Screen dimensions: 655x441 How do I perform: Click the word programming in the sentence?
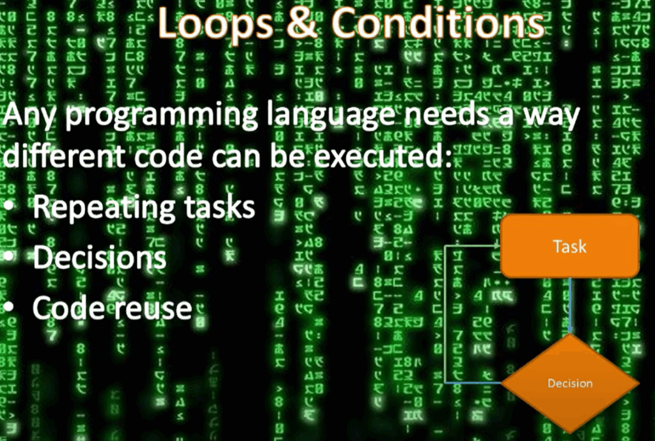pyautogui.click(x=162, y=115)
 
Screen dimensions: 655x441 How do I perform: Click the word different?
pyautogui.click(x=65, y=156)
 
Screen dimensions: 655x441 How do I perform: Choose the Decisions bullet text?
pyautogui.click(x=99, y=257)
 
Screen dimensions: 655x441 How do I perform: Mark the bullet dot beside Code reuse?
pyautogui.click(x=8, y=307)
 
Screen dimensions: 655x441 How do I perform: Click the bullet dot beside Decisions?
pyautogui.click(x=8, y=256)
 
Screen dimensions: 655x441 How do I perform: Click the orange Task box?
pyautogui.click(x=570, y=246)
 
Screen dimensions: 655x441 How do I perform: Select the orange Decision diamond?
pyautogui.click(x=570, y=383)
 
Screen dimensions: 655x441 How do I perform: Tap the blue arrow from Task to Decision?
pyautogui.click(x=570, y=306)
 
